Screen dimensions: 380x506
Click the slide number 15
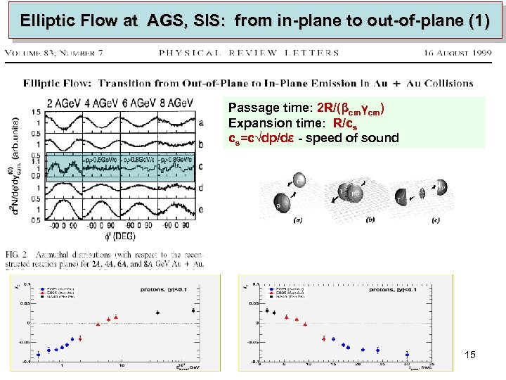[x=470, y=355]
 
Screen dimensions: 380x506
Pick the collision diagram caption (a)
[x=297, y=220]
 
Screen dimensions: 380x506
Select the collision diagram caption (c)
[x=436, y=220]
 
